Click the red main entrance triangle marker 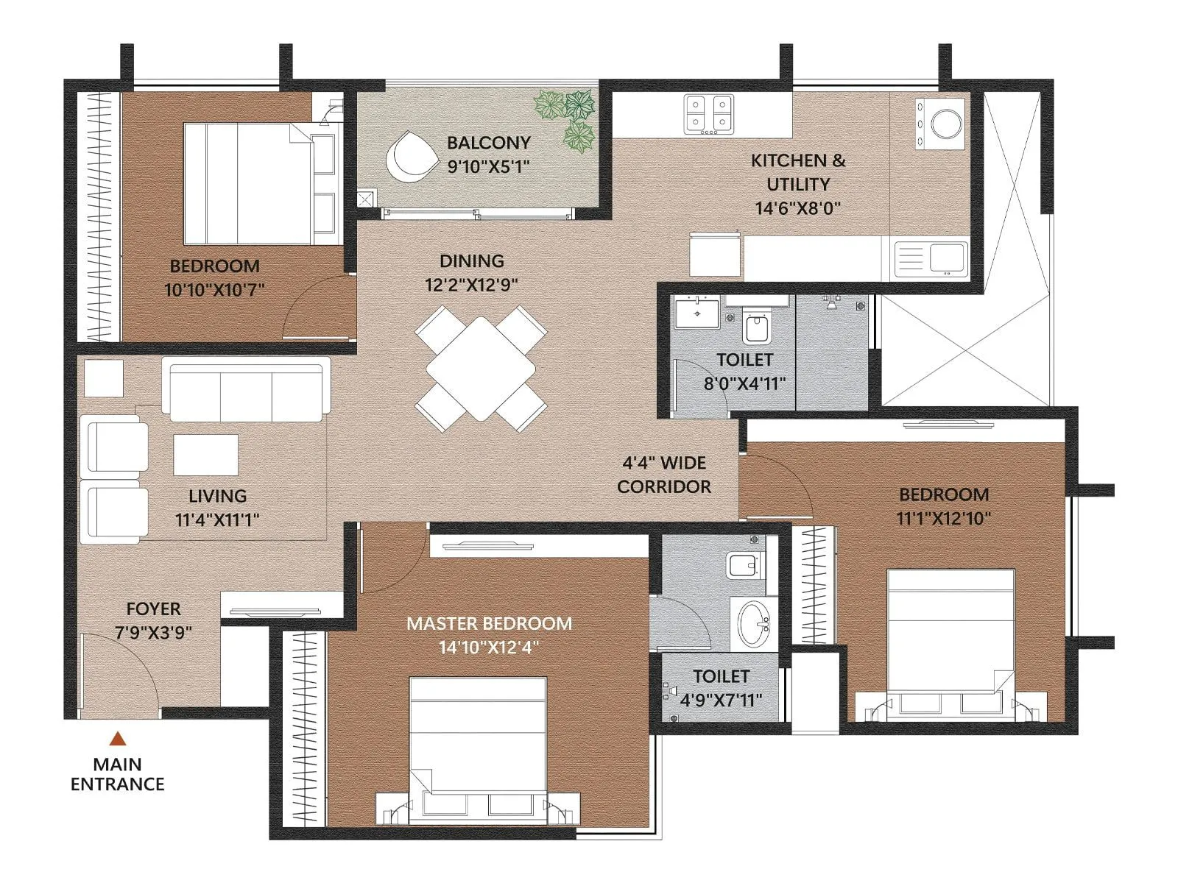117,739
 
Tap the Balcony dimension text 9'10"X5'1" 489,167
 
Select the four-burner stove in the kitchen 709,114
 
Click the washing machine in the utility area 945,123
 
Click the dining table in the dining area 481,369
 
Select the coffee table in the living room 205,455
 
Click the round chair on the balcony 409,156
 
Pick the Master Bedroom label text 489,623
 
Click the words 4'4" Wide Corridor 664,475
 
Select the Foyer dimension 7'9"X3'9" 153,632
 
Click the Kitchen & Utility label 798,171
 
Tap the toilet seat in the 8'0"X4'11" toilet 757,328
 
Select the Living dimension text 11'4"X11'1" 216,519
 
